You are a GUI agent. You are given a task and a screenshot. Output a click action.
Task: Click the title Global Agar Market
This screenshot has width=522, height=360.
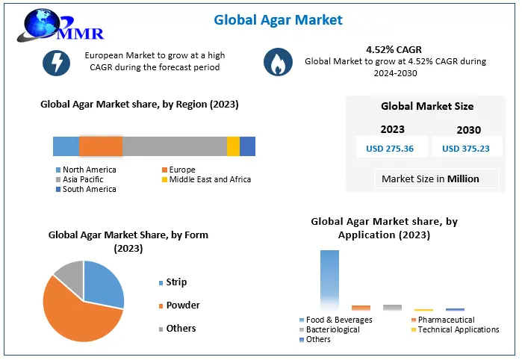279,19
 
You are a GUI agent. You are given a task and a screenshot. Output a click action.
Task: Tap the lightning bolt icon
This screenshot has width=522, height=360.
56,63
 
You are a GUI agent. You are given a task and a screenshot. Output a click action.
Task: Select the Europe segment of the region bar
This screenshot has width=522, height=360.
101,146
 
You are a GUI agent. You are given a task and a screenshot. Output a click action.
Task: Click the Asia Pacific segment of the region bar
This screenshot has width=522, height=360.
174,146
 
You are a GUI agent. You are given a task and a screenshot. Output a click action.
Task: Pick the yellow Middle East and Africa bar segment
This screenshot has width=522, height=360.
233,146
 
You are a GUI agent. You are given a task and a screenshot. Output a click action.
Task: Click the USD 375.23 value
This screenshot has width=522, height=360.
466,149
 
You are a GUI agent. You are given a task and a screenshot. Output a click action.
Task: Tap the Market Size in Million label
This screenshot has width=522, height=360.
430,179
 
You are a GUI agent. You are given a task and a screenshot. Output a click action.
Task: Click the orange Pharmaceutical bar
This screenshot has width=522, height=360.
361,307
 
